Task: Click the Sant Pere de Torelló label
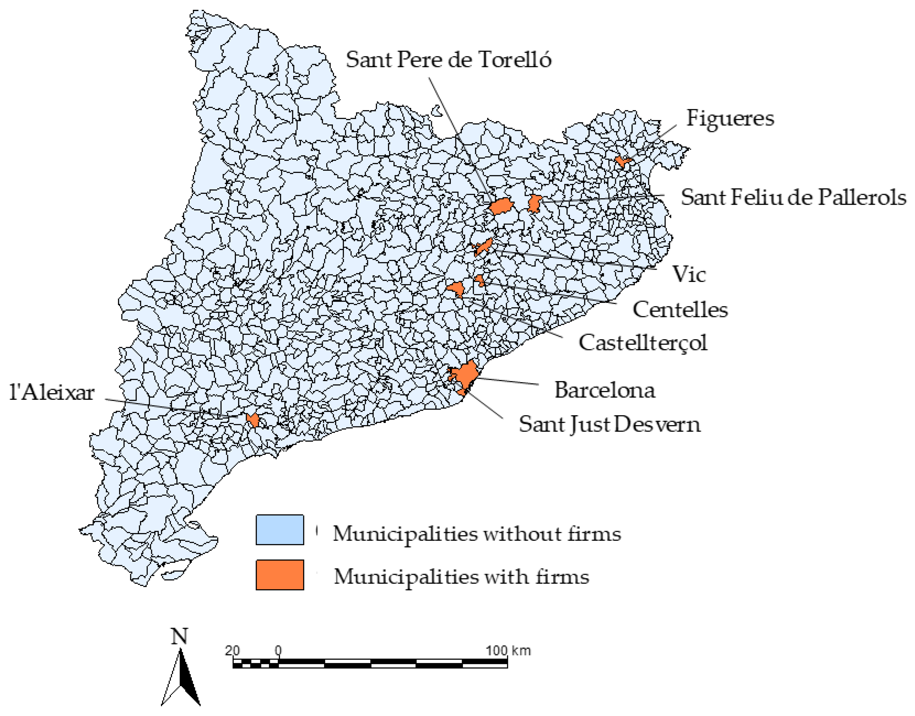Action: pos(448,60)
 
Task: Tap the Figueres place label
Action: pos(730,118)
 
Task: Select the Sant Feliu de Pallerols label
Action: pos(793,197)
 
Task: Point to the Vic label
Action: pos(689,275)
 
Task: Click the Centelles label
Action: pos(680,310)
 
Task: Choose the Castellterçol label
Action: pos(643,343)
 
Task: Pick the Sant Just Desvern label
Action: pos(609,424)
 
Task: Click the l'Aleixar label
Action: pos(52,393)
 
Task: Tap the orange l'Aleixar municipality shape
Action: pos(253,420)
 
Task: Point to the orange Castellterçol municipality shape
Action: pos(456,288)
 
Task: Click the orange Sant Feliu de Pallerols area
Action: pos(534,204)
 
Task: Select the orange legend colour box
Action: pos(280,575)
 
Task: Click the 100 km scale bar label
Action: pos(508,651)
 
